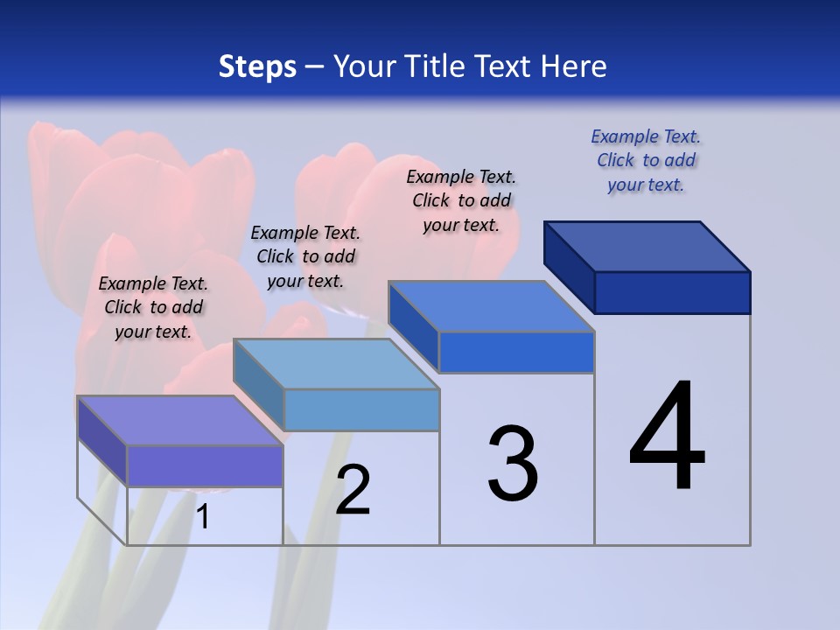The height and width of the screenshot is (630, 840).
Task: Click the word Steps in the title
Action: [x=257, y=66]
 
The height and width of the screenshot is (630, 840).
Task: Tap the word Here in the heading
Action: [x=574, y=66]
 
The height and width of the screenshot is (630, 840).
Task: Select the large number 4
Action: [x=668, y=437]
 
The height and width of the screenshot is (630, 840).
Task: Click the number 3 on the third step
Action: [x=513, y=464]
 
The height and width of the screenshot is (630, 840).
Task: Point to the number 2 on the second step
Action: [x=353, y=490]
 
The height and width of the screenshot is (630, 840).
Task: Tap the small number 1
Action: [x=203, y=517]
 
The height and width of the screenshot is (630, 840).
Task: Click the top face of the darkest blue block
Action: [x=647, y=247]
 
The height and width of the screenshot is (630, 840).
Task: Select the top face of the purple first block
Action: [x=180, y=421]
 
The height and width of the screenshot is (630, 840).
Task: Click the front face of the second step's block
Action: [x=361, y=409]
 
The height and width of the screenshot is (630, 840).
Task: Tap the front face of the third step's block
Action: [x=516, y=353]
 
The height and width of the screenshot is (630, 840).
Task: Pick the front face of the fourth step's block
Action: [x=672, y=292]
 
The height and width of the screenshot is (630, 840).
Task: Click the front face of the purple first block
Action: [x=205, y=465]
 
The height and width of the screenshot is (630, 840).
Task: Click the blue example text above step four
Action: [x=646, y=161]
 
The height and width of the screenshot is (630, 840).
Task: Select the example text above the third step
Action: [x=461, y=200]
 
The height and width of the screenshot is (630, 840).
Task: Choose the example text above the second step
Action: [x=305, y=256]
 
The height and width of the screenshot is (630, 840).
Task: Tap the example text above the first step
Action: [x=153, y=307]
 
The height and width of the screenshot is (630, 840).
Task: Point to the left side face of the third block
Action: [x=413, y=325]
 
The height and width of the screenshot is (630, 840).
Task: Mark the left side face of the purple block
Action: [x=102, y=441]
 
